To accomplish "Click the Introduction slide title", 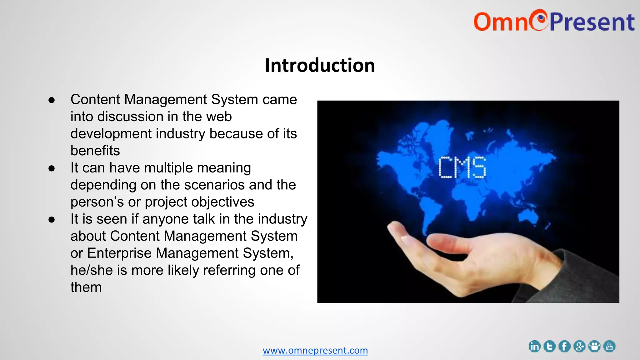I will point(320,65).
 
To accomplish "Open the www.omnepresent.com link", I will point(315,350).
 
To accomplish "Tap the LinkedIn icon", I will point(534,346).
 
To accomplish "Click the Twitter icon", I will point(549,346).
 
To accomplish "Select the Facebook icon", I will point(564,346).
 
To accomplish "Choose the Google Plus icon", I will point(579,346).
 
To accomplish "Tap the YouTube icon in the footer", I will point(609,346).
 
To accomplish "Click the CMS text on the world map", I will point(462,167).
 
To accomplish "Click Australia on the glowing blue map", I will point(528,216).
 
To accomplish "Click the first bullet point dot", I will point(52,100).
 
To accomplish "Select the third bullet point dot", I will point(52,220).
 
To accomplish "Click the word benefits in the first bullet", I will point(95,151).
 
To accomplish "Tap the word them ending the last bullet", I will point(86,287).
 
